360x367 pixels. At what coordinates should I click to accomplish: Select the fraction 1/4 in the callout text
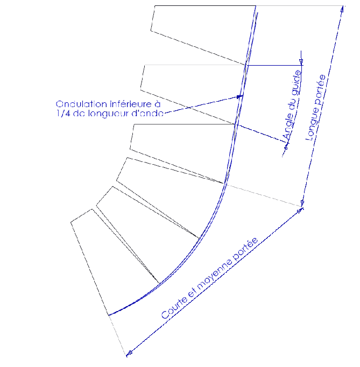click(63, 114)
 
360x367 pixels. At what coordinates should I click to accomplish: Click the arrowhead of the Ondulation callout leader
click(240, 96)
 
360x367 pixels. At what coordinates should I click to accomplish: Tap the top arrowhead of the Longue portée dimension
click(342, 9)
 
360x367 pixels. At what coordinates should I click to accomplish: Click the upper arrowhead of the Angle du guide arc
click(301, 62)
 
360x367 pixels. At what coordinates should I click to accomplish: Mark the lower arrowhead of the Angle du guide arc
click(286, 146)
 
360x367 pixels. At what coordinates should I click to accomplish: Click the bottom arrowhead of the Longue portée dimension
click(302, 203)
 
